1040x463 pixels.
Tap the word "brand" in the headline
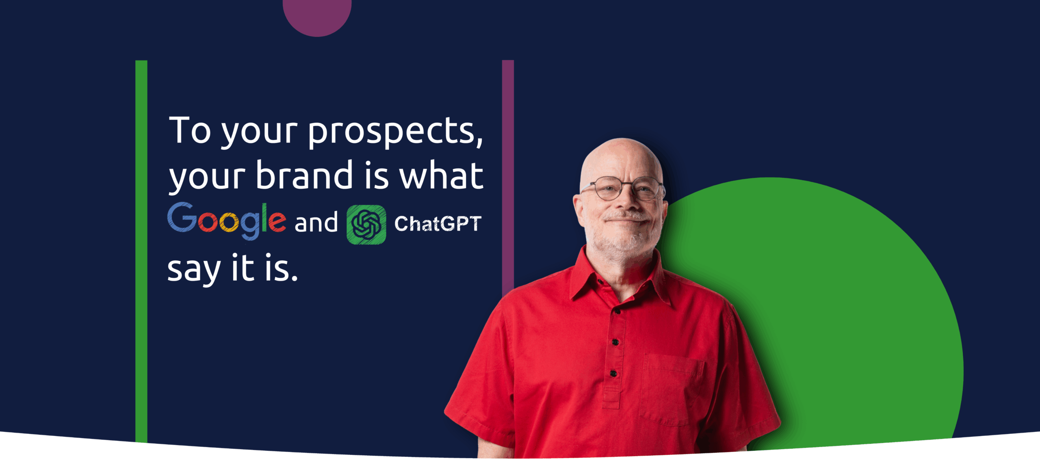[x=304, y=175]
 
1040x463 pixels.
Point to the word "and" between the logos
[x=316, y=222]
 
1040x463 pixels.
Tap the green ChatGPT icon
[x=366, y=225]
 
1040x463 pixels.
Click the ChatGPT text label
[x=438, y=224]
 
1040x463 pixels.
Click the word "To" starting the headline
[x=190, y=130]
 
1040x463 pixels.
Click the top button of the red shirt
[x=617, y=312]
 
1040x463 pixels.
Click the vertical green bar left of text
[x=141, y=251]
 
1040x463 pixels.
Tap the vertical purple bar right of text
[x=508, y=179]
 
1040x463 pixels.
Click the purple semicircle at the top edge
[x=317, y=16]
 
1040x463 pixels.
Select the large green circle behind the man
[x=853, y=309]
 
